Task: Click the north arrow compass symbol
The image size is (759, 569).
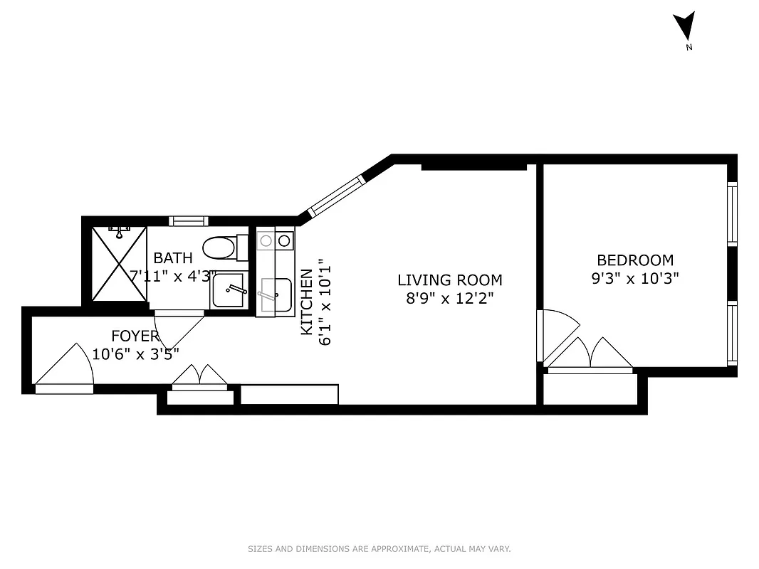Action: point(684,28)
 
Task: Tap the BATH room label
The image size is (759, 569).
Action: point(173,257)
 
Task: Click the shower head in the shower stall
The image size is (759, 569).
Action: point(119,231)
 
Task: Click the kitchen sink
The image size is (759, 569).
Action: point(275,294)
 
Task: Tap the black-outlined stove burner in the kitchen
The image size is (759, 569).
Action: point(284,241)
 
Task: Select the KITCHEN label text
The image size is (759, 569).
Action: point(306,302)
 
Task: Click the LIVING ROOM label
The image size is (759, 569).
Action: point(449,280)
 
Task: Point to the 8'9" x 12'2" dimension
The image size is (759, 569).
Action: point(449,299)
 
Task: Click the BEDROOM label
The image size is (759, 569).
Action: point(634,260)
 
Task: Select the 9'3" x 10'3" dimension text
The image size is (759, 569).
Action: point(634,279)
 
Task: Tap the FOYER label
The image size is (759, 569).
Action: point(135,336)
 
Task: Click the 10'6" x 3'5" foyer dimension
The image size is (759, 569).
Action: point(135,353)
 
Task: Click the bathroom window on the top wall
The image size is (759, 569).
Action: point(189,220)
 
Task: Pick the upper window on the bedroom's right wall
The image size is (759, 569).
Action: point(731,213)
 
